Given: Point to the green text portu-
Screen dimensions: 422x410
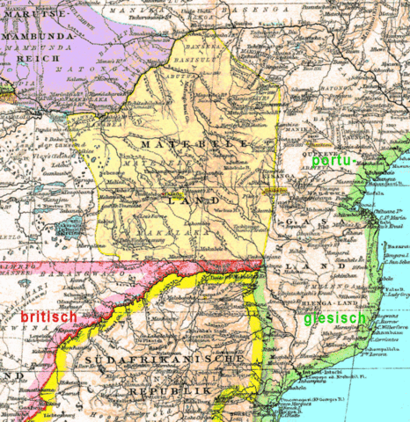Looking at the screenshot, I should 335,162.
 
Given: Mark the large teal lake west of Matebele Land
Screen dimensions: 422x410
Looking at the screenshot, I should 68,229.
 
